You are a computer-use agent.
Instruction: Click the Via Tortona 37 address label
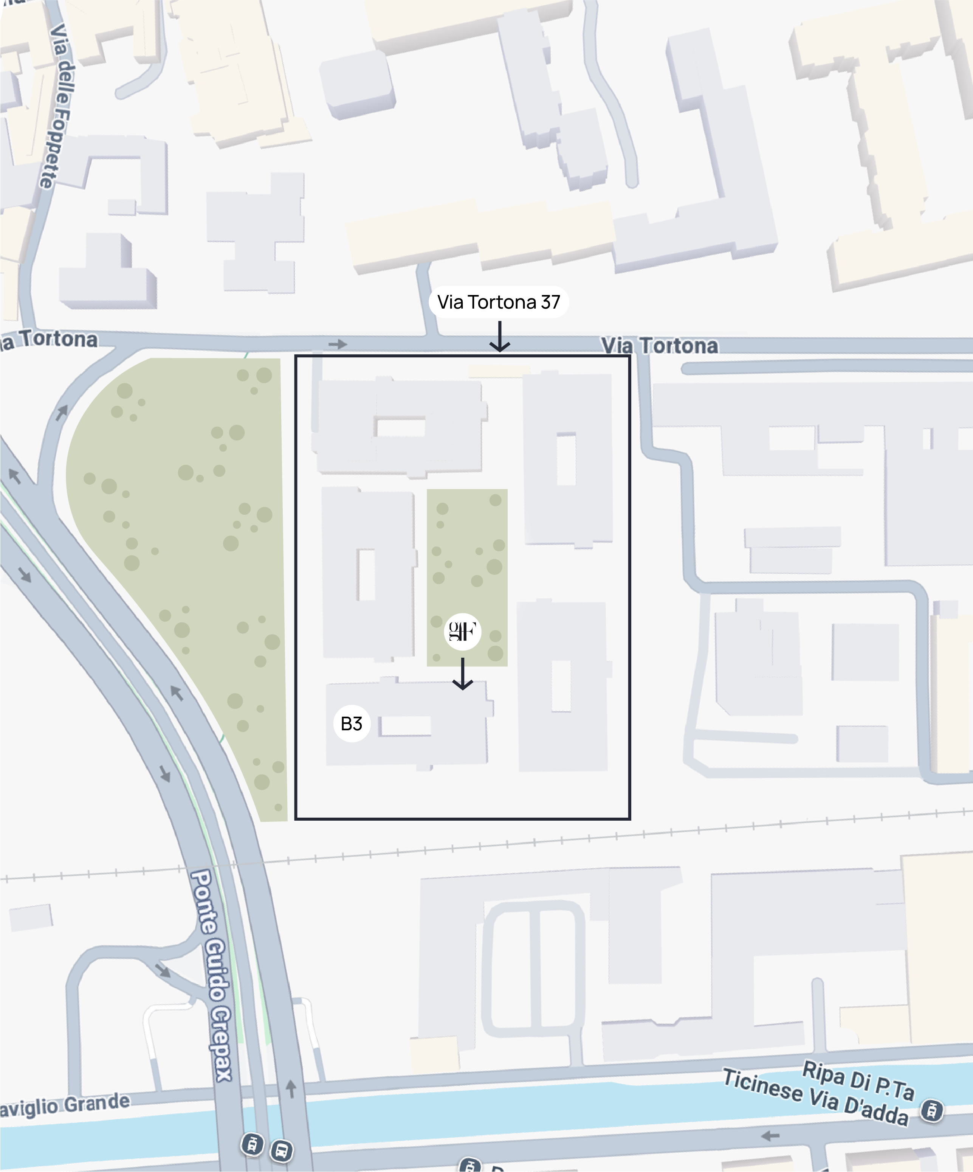point(498,302)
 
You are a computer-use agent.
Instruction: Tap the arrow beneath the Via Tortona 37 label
point(499,337)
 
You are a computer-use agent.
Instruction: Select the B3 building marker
point(352,723)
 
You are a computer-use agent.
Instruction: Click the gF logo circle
point(463,631)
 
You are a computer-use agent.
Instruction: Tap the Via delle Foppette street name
point(59,106)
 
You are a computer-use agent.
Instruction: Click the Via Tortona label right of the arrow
point(660,346)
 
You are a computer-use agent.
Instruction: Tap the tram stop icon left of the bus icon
point(252,1144)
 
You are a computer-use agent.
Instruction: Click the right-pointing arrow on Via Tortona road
point(338,345)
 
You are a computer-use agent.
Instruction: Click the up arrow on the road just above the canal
point(291,1089)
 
